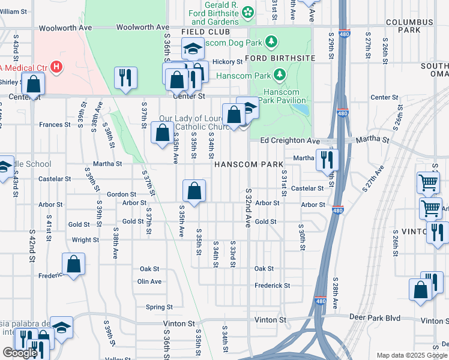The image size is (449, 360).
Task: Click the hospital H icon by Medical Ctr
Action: pyautogui.click(x=56, y=66)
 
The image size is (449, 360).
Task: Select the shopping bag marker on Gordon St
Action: pyautogui.click(x=194, y=192)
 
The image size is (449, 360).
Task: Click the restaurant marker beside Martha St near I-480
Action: pyautogui.click(x=328, y=160)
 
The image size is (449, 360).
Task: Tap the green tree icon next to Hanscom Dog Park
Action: pyautogui.click(x=272, y=41)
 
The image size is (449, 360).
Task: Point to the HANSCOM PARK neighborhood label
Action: pyautogui.click(x=249, y=164)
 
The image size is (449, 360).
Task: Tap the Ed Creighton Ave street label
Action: pyautogui.click(x=290, y=140)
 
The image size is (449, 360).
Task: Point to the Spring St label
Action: pyautogui.click(x=159, y=307)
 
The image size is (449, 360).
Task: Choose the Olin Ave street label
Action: pyautogui.click(x=149, y=281)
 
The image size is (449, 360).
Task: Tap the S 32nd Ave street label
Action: pyautogui.click(x=247, y=207)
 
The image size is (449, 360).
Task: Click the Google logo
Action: pyautogui.click(x=20, y=353)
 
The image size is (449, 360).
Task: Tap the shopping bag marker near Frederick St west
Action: pyautogui.click(x=73, y=265)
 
